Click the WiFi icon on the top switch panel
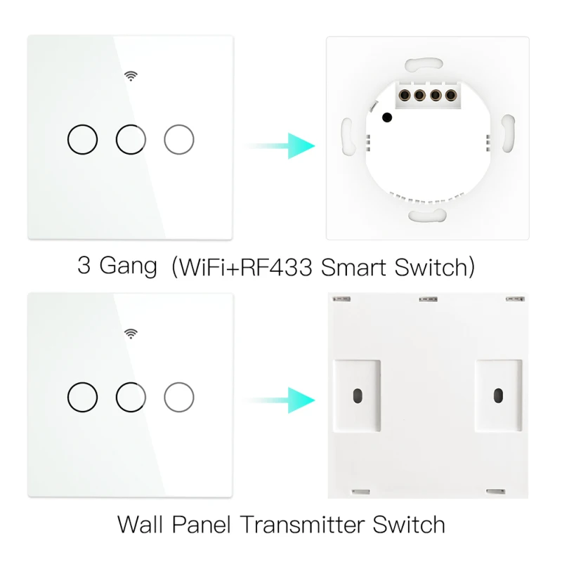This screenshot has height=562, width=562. (x=131, y=76)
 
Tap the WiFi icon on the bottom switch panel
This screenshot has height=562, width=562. (x=131, y=334)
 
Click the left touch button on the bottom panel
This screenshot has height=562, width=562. (x=82, y=382)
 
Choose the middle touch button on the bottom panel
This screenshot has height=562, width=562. (x=131, y=382)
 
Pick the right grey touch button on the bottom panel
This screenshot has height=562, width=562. (x=179, y=382)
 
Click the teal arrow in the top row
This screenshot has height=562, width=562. (x=280, y=146)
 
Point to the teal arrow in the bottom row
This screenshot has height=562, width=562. (x=280, y=400)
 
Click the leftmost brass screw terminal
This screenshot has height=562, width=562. (x=405, y=96)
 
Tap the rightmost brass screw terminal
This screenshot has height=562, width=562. (x=450, y=96)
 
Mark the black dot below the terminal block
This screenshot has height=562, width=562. (x=387, y=117)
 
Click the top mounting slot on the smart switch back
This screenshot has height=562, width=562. (x=424, y=65)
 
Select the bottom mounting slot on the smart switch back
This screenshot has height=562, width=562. (x=427, y=216)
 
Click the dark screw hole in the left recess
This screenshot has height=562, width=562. (x=358, y=396)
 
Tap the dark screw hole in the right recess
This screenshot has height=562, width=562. (x=498, y=396)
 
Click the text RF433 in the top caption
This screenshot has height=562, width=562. (x=276, y=267)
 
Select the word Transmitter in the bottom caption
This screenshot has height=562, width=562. (x=302, y=525)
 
